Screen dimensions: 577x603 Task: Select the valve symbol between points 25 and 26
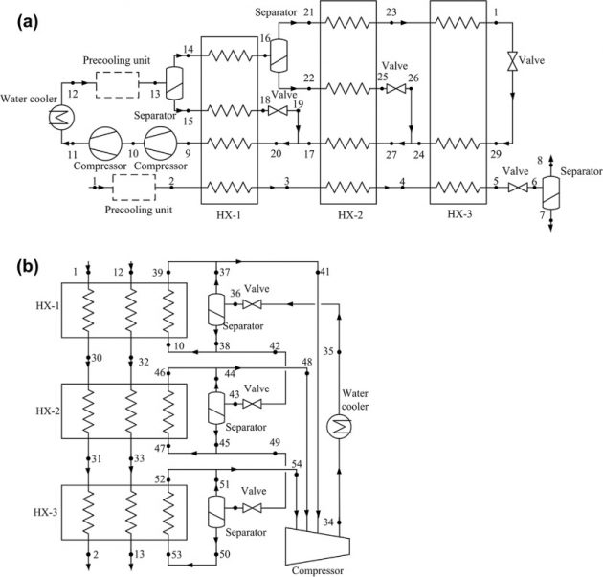pos(393,89)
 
